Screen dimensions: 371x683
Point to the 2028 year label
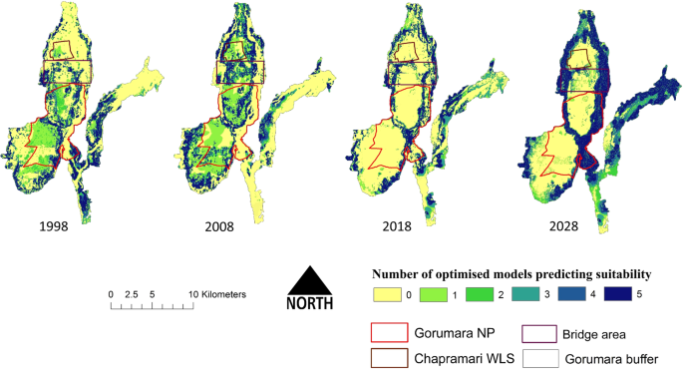pyautogui.click(x=571, y=227)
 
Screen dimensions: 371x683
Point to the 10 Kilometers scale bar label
pyautogui.click(x=218, y=295)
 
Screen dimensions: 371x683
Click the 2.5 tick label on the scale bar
pyautogui.click(x=131, y=295)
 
